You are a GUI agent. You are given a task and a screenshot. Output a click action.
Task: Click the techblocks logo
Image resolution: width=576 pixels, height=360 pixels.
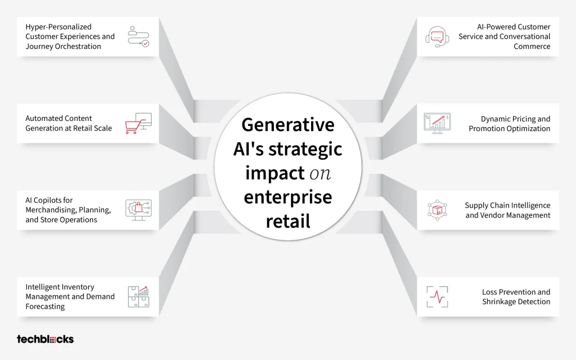45,339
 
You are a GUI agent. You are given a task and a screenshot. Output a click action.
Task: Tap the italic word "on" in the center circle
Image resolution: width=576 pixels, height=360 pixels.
320,174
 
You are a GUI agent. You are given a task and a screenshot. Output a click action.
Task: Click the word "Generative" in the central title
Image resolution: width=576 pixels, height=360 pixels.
288,124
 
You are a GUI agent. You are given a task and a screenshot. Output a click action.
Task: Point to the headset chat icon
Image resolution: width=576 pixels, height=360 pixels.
437,37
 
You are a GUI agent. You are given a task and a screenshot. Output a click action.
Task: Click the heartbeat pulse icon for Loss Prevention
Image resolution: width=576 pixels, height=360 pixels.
437,297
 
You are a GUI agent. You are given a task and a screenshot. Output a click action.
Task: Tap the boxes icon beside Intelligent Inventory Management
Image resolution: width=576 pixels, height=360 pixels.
138,297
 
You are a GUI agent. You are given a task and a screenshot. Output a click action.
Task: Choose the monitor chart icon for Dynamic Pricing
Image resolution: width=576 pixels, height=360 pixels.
437,123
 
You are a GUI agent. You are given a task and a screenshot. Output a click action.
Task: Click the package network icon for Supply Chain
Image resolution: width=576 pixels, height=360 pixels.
437,210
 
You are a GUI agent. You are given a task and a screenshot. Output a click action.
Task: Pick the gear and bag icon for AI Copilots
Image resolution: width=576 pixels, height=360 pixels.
138,210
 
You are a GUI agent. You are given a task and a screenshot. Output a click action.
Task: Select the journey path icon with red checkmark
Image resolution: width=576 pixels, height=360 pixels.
138,37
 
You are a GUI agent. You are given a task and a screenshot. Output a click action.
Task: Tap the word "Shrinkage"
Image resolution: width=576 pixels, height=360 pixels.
499,301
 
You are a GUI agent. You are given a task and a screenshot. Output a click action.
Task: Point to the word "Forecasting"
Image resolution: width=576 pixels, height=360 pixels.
45,307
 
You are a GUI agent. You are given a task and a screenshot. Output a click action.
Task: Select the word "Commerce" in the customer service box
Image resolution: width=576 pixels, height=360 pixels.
532,46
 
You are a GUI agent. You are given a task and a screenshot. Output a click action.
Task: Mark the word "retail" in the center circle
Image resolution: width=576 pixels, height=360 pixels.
288,221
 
